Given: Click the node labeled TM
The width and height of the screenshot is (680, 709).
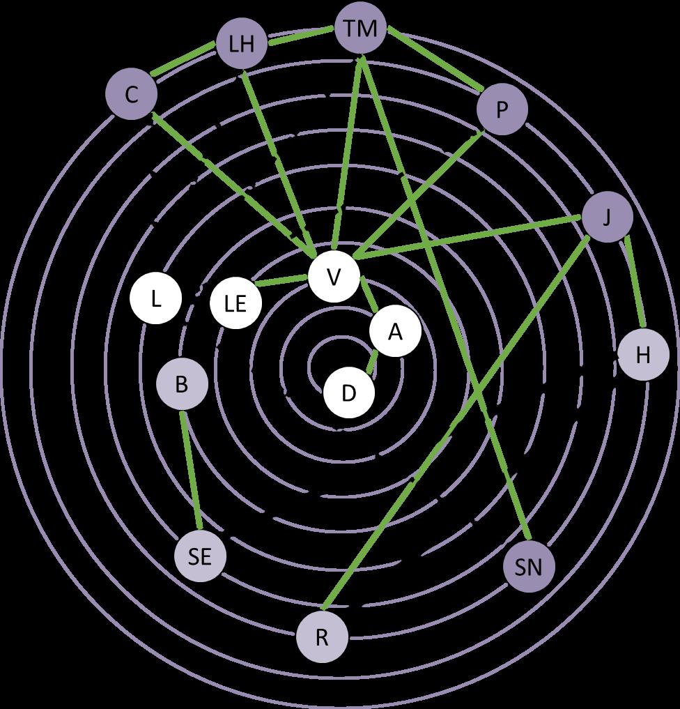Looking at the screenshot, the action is (x=360, y=29).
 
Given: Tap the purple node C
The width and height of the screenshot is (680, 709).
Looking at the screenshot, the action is (x=131, y=95).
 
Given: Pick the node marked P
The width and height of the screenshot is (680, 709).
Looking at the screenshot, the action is (x=502, y=110).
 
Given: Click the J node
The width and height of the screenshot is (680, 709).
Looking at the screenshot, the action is (x=607, y=218).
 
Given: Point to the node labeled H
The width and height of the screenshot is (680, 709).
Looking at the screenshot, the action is (x=643, y=355).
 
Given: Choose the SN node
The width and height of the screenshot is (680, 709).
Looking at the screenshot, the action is (x=529, y=567).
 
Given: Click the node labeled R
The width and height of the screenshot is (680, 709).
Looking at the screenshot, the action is (x=322, y=638).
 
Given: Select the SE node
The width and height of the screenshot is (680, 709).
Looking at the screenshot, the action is (x=200, y=556).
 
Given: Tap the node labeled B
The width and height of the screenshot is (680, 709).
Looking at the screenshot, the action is (x=181, y=384).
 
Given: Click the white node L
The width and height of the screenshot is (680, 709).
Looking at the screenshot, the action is (x=156, y=300).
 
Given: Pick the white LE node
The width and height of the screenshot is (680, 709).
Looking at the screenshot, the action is (x=236, y=304).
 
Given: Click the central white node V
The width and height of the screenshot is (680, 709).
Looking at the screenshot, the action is (x=334, y=277).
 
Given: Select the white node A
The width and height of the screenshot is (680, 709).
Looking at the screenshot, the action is (x=395, y=333).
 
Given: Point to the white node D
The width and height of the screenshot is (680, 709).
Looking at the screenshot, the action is (x=349, y=393).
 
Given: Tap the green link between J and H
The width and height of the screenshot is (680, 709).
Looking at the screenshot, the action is (x=635, y=282).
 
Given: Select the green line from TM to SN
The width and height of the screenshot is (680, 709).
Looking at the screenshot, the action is (x=446, y=300).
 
